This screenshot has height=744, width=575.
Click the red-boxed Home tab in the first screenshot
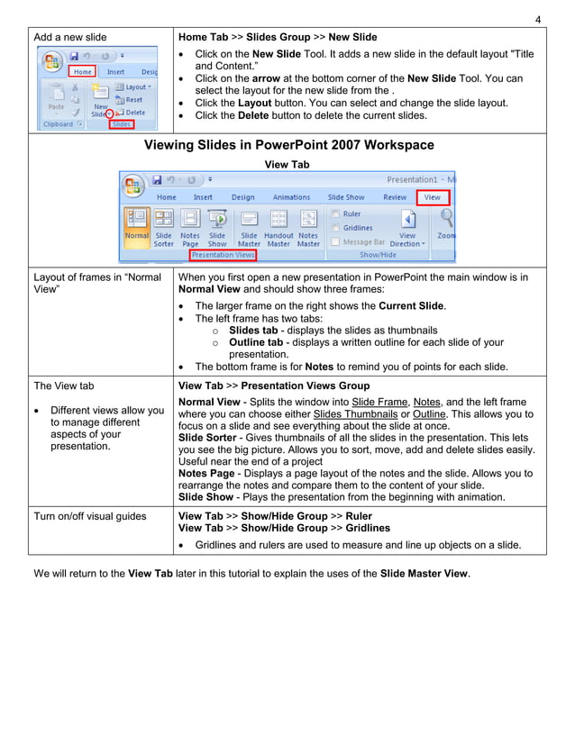click(82, 71)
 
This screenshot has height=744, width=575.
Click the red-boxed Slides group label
click(121, 124)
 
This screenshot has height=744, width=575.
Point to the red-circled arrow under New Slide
click(110, 113)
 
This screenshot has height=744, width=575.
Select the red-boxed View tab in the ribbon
click(433, 196)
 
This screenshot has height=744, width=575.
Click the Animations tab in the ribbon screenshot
click(291, 197)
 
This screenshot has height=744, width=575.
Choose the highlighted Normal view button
click(137, 228)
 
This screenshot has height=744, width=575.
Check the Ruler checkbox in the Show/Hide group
click(336, 214)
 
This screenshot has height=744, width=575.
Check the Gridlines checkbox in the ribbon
click(336, 228)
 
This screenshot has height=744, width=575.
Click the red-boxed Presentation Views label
click(223, 255)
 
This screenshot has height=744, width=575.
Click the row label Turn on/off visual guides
click(90, 516)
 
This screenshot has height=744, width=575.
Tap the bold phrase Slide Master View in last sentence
click(424, 574)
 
